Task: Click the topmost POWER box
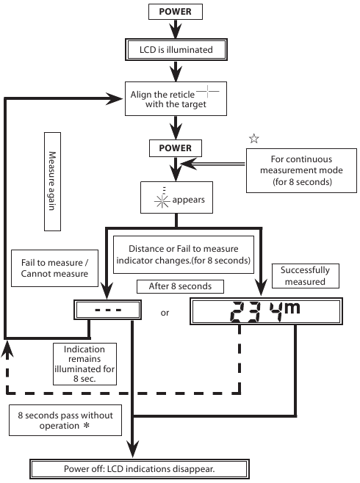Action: coord(176,12)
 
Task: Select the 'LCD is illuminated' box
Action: coord(176,49)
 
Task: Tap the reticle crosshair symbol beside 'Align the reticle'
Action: coord(208,91)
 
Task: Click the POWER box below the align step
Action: coord(176,148)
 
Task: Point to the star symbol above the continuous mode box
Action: coord(254,139)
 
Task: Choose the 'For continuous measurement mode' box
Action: coord(301,170)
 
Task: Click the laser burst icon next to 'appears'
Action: coord(162,200)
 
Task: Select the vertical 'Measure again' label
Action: coord(52,181)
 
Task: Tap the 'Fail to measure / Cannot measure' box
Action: coord(54,269)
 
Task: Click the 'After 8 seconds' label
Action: coord(180,286)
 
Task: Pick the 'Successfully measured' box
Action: coord(305,276)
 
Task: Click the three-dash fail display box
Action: coord(107,310)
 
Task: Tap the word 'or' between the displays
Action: coord(165,313)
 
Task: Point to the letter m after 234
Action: coord(292,308)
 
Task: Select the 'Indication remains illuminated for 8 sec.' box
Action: coord(84,364)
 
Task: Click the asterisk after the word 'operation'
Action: coord(87,426)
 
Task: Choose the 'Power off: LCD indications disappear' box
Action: coord(140,469)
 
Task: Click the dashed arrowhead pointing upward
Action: coord(7,349)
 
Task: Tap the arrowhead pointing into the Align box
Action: coord(115,98)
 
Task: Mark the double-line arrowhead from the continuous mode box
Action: coord(189,164)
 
